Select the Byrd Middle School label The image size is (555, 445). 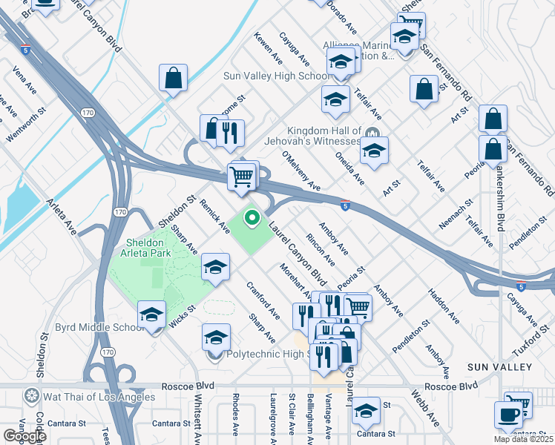[x=99, y=327]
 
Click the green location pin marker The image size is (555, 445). [x=252, y=217]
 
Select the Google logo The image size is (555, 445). [x=24, y=436]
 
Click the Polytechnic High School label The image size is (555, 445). [x=267, y=355]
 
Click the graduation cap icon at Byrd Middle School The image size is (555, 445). [x=151, y=314]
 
